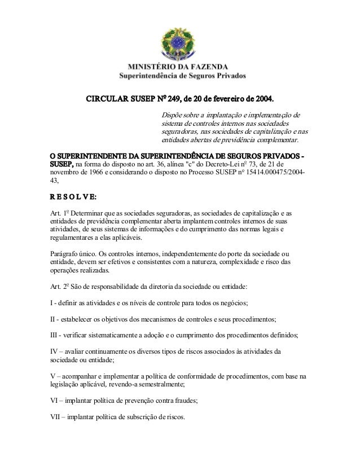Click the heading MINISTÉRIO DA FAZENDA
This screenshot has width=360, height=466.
click(x=181, y=65)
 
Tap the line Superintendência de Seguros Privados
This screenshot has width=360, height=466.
click(x=180, y=74)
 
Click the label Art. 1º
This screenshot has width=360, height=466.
click(x=59, y=214)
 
